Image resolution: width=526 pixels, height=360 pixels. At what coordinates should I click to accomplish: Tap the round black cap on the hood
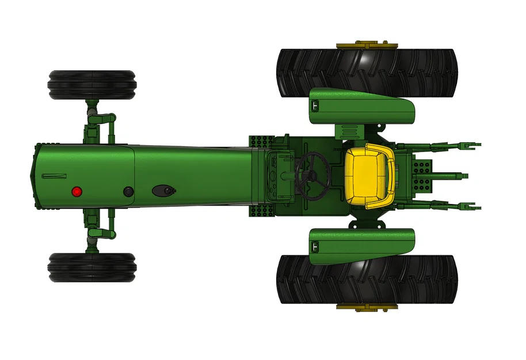point(128,191)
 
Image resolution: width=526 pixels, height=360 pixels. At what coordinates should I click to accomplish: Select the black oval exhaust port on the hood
point(163,190)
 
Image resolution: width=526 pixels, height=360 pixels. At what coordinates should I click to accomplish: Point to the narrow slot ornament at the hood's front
point(55,175)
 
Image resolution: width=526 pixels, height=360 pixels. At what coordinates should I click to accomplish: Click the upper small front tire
point(92,85)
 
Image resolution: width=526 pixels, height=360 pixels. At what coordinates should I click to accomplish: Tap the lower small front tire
point(92,268)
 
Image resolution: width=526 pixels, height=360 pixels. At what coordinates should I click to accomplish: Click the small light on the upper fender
point(315,105)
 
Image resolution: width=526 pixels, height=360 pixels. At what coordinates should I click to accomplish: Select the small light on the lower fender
point(315,247)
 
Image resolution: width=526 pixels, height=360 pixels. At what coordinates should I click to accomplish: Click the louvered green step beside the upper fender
point(350,131)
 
